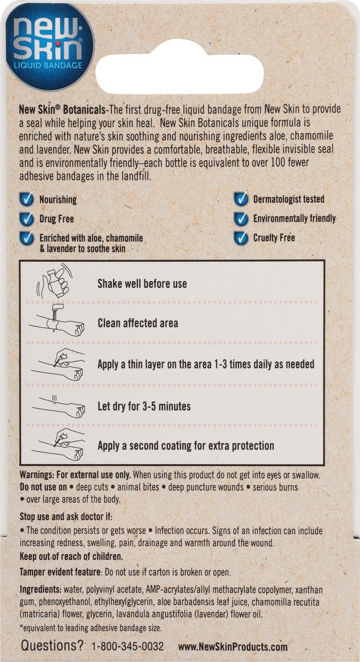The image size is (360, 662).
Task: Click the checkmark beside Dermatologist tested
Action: [240, 199]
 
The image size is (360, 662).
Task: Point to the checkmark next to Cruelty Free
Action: [240, 238]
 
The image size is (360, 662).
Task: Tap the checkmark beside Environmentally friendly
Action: [240, 218]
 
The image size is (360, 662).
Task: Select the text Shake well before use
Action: [142, 284]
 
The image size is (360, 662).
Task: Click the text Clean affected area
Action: [138, 323]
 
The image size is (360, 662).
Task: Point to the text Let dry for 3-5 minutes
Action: [144, 407]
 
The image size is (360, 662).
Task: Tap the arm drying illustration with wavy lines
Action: [58, 407]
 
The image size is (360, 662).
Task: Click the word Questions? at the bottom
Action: [52, 646]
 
